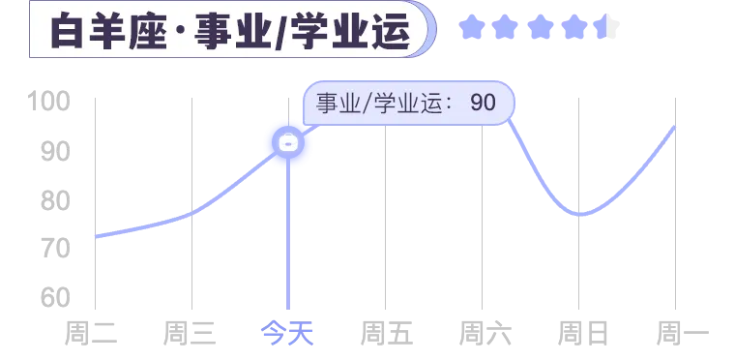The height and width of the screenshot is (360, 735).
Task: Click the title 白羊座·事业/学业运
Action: point(230,31)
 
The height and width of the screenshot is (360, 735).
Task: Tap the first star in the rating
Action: point(471,27)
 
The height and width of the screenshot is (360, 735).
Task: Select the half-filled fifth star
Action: point(606,27)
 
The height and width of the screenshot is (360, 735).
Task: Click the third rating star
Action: point(541,27)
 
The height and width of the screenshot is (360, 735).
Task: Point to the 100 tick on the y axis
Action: point(49,102)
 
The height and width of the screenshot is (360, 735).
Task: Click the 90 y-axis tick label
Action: point(55,152)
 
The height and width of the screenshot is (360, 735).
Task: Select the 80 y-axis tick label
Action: point(55,201)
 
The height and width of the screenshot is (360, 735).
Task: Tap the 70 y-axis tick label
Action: point(55,249)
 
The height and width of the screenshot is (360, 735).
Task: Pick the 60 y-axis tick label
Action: point(55,297)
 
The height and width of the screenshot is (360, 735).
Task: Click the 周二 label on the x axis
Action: point(91,333)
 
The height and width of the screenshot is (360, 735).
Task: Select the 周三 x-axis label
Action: point(190,333)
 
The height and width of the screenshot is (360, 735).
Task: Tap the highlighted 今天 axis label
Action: point(287,333)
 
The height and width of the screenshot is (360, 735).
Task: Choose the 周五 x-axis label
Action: point(386,333)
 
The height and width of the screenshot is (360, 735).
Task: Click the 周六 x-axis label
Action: point(485,333)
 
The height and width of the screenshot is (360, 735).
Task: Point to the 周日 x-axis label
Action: point(583,333)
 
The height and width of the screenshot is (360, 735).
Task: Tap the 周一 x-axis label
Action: point(683,333)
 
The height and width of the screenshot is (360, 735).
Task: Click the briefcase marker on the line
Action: point(288,142)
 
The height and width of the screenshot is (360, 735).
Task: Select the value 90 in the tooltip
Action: point(483,103)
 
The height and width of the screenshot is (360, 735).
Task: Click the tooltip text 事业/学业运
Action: point(378,103)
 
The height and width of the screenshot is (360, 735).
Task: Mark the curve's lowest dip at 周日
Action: point(580,215)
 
